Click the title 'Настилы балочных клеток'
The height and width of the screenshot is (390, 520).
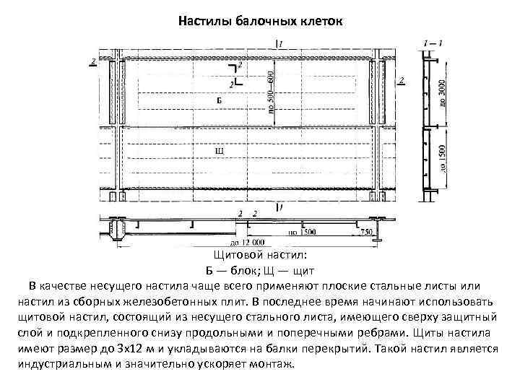pos(259,21)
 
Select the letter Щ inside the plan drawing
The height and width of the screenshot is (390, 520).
pos(220,151)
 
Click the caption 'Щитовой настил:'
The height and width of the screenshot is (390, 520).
pos(261,256)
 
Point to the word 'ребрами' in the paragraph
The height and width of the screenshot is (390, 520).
pos(378,333)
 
